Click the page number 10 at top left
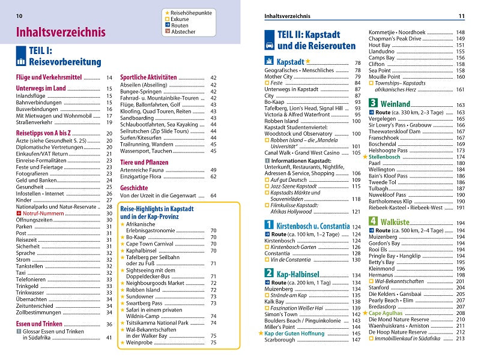point(20,15)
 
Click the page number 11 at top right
point(461,16)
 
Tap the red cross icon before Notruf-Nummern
point(19,213)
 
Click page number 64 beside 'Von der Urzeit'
point(213,196)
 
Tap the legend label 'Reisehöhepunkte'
point(193,12)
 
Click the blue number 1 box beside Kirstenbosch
point(270,225)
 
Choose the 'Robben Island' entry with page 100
point(282,121)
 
